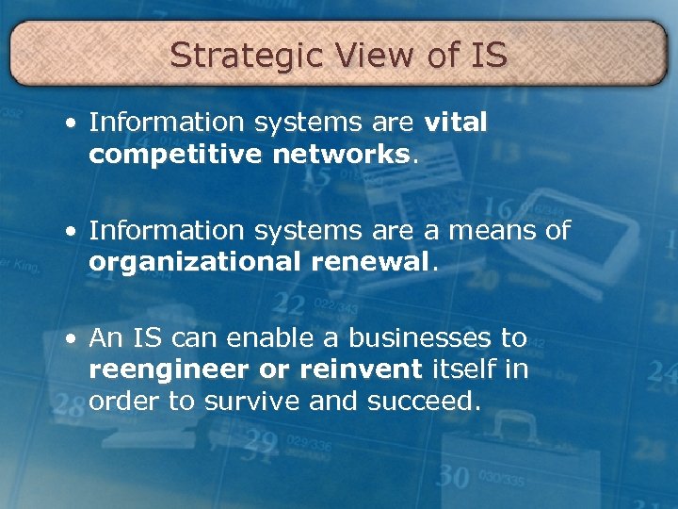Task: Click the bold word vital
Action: click(456, 123)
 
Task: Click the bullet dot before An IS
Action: click(73, 338)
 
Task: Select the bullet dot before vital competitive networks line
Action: click(73, 123)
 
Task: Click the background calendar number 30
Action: click(453, 477)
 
